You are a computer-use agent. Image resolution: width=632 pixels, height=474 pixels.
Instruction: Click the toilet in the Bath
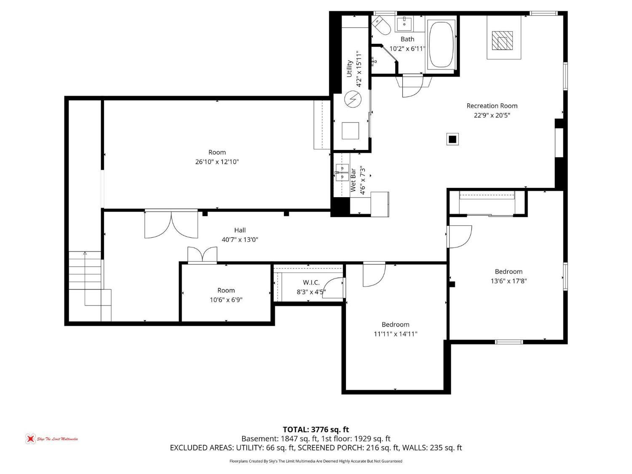tap(381, 26)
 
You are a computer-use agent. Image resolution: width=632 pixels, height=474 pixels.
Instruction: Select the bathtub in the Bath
tap(441, 44)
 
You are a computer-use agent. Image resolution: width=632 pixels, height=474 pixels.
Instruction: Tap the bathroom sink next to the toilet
tap(404, 24)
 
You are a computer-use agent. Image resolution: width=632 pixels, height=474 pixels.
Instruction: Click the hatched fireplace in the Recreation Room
tap(502, 40)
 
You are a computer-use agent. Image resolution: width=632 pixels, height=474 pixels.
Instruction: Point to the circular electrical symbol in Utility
tap(353, 99)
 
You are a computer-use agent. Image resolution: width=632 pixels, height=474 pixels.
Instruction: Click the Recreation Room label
tap(492, 106)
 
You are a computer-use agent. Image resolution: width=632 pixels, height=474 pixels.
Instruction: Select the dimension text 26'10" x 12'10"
tap(217, 162)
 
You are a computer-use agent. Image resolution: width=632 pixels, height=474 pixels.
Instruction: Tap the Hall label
tap(240, 230)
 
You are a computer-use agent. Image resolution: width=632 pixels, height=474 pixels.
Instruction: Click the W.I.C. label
tap(311, 283)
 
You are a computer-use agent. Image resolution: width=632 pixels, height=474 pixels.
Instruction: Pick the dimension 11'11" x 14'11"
tap(395, 334)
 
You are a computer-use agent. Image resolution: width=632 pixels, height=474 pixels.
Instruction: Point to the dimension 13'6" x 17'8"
tap(509, 281)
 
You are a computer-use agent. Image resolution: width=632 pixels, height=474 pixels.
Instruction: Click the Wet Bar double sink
tap(342, 172)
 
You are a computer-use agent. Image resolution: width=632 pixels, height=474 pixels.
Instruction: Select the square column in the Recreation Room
tap(453, 139)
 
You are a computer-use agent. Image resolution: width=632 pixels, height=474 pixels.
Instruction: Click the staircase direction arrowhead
tap(85, 253)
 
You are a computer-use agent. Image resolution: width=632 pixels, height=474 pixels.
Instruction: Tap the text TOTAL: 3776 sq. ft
tap(316, 430)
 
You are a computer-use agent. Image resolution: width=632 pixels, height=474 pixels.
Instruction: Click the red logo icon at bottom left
tap(30, 439)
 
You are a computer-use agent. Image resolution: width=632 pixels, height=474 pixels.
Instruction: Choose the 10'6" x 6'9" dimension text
tap(226, 300)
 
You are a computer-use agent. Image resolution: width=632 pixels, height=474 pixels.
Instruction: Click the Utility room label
tap(349, 69)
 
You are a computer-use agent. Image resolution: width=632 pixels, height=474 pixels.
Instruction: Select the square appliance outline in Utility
tap(350, 131)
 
